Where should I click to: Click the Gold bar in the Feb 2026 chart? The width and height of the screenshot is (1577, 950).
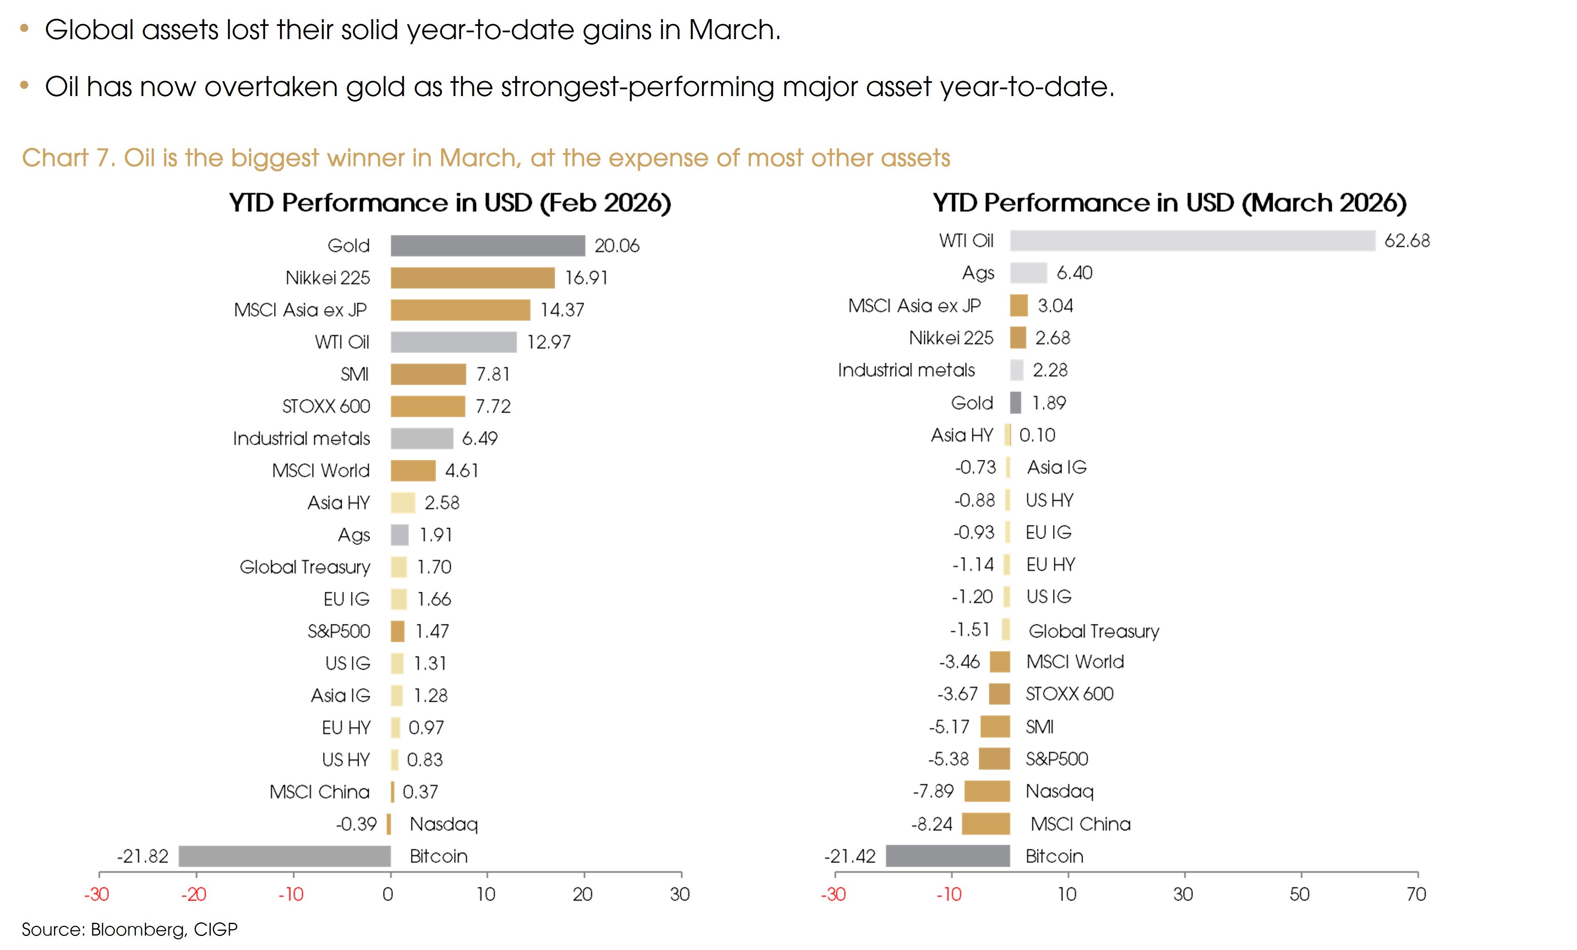[488, 246]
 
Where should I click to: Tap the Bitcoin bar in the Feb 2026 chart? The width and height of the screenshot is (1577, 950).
[285, 856]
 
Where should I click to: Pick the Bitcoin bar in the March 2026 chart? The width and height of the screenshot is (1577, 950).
[948, 856]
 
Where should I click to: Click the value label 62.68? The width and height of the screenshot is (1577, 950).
[1407, 241]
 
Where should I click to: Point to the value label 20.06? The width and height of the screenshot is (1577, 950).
[616, 246]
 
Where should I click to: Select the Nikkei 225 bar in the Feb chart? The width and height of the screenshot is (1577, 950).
[472, 278]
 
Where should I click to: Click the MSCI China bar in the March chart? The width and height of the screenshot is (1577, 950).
[985, 824]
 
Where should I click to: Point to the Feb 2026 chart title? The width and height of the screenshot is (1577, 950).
[450, 203]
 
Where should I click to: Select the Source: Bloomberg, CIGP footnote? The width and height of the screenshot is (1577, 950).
[129, 929]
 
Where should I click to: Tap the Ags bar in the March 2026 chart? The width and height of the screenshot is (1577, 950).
[1028, 273]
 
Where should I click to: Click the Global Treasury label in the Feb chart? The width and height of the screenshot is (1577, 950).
[305, 567]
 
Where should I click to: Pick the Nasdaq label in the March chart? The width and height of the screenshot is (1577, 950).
[1059, 791]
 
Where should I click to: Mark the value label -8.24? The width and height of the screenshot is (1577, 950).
[932, 824]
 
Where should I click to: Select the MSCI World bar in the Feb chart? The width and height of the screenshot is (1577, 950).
[413, 471]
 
